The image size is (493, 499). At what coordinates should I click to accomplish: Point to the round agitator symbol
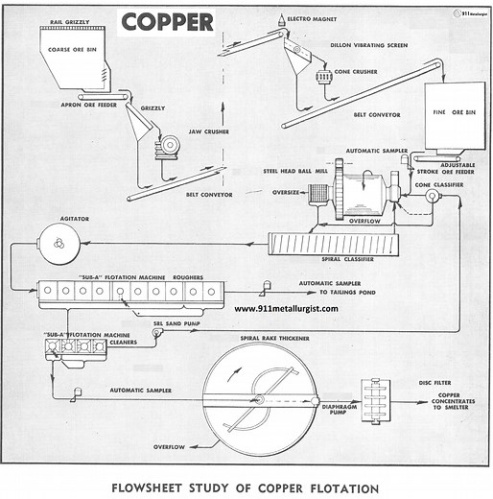coord(57,243)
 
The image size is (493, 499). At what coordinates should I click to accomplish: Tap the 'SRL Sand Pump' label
coord(178,324)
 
